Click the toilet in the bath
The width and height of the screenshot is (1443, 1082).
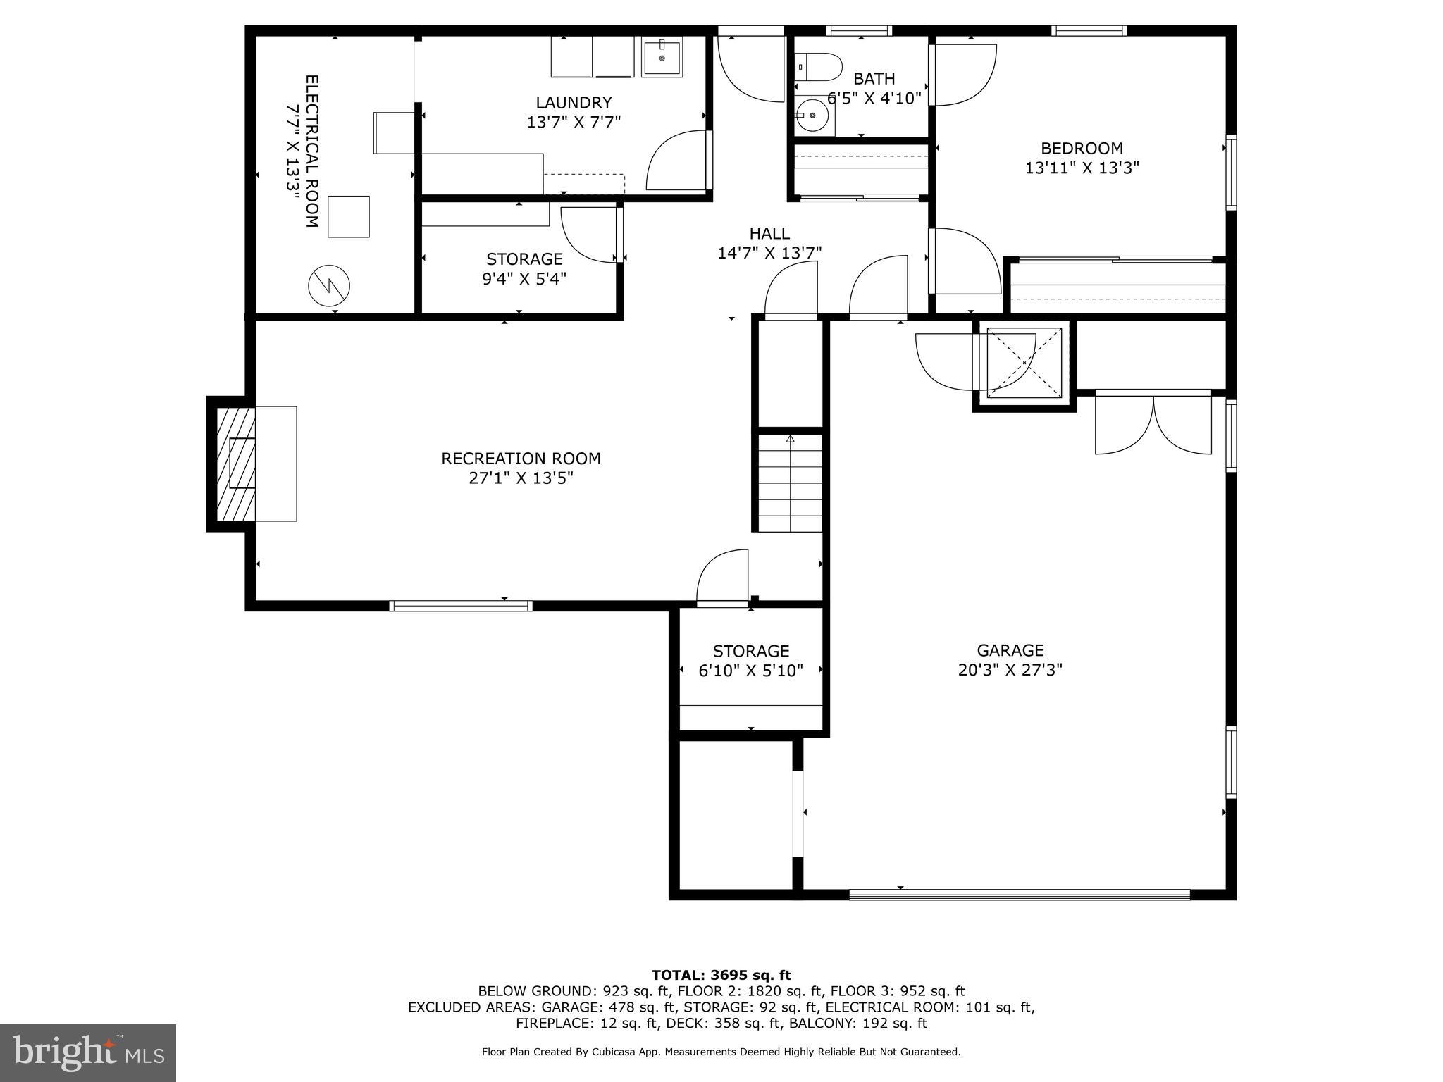click(823, 68)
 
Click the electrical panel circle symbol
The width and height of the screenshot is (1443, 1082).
click(329, 285)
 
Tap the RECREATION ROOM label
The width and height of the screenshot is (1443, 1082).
click(521, 459)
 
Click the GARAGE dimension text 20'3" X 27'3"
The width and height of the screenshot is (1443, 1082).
click(1010, 670)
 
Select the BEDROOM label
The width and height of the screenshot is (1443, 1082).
click(1082, 149)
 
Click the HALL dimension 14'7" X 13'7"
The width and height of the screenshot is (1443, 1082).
click(769, 253)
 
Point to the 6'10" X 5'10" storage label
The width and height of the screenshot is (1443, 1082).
click(750, 671)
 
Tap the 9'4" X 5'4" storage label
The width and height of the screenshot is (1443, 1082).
click(524, 279)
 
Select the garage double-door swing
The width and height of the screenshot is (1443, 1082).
click(1153, 425)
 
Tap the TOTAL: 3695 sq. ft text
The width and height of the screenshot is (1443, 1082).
click(721, 975)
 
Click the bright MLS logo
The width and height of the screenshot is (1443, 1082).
click(87, 1053)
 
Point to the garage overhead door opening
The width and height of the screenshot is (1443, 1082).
click(1019, 895)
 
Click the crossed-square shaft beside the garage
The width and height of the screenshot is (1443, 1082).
click(1024, 362)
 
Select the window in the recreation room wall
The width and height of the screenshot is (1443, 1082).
click(460, 605)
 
